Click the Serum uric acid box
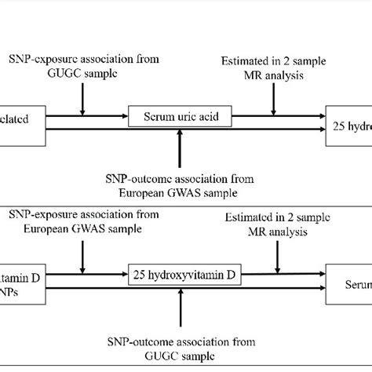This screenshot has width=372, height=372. [181, 118]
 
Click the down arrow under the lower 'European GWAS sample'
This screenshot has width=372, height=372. [82, 253]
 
